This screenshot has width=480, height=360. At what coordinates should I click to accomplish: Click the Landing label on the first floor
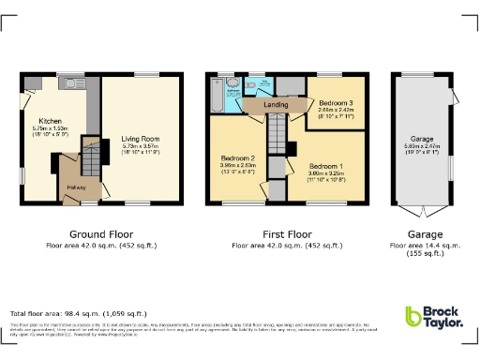point(276,105)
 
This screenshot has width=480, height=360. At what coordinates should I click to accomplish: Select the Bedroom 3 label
point(335,102)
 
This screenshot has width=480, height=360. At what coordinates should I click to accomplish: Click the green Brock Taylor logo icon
point(412,317)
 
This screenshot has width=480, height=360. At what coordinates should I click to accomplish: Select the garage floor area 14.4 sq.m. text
point(426,245)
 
